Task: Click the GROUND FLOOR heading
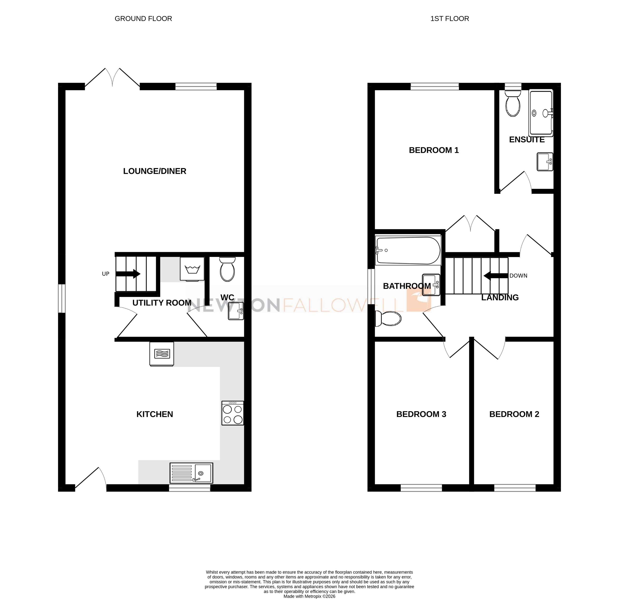pos(143,19)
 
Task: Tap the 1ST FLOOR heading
pos(449,19)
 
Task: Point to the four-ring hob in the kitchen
pos(232,413)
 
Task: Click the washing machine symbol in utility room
pos(192,269)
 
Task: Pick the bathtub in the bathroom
pos(408,251)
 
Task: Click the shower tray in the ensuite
pos(541,113)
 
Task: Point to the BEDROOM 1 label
pos(434,150)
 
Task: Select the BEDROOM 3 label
pos(421,414)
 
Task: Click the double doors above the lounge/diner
pos(112,78)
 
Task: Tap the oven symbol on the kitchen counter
pos(162,353)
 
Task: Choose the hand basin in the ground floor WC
pos(236,311)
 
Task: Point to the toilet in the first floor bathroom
pos(388,319)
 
